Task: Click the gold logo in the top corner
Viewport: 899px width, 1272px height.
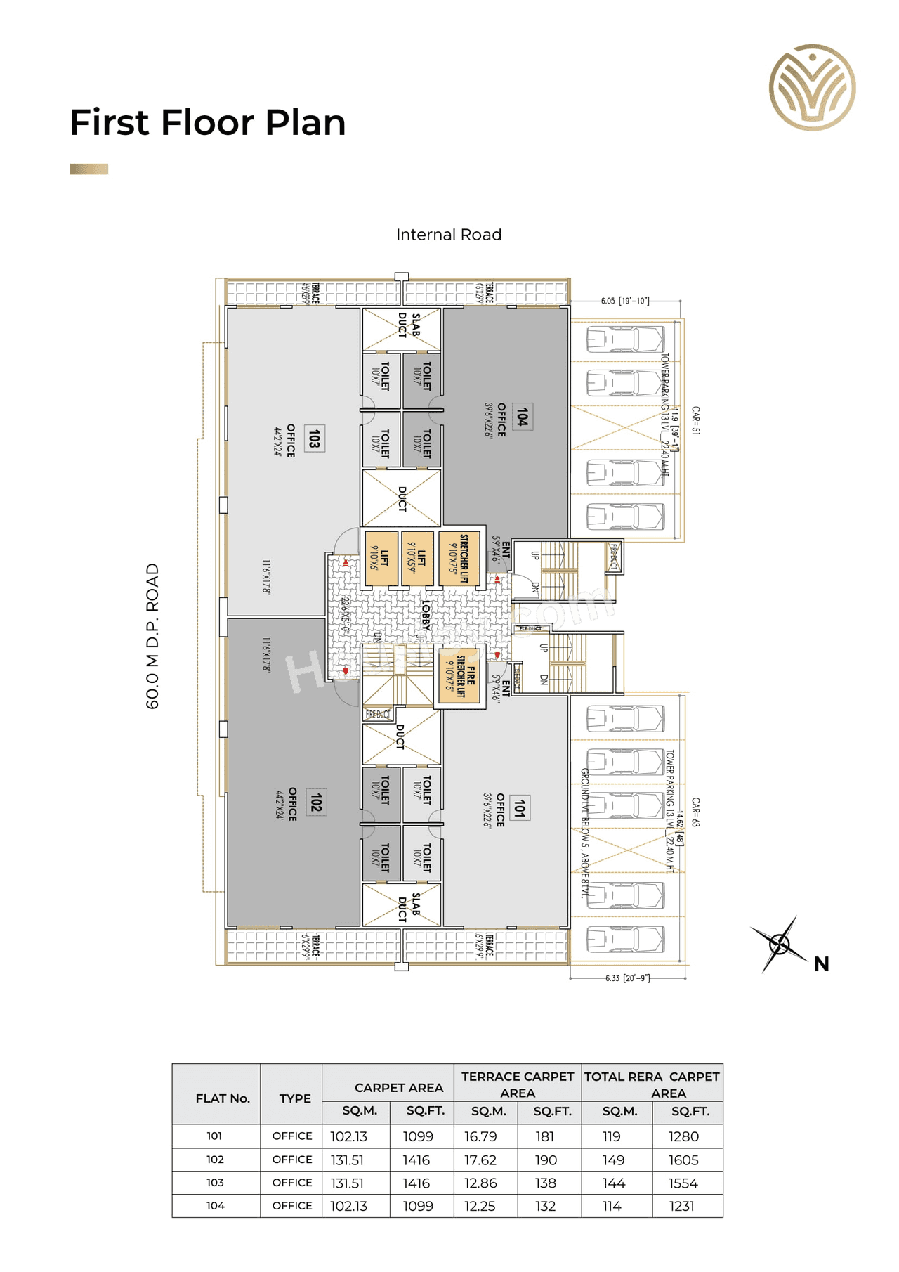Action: pyautogui.click(x=813, y=87)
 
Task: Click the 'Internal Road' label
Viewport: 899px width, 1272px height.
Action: pyautogui.click(x=449, y=235)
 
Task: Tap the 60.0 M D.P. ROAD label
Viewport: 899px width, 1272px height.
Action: pyautogui.click(x=152, y=636)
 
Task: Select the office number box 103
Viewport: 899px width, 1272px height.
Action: pyautogui.click(x=315, y=439)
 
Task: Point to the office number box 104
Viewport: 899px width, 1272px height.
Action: pyautogui.click(x=522, y=417)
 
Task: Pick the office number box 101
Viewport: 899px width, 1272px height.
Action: pyautogui.click(x=520, y=808)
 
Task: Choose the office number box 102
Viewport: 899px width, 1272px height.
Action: pyautogui.click(x=316, y=802)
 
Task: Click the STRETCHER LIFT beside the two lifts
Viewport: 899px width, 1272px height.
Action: pyautogui.click(x=459, y=559)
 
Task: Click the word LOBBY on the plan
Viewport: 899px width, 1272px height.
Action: pyautogui.click(x=426, y=615)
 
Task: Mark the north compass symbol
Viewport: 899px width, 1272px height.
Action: pyautogui.click(x=780, y=944)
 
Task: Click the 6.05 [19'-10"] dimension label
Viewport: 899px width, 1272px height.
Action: pyautogui.click(x=624, y=301)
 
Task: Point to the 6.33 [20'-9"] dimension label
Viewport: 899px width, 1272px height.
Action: pyautogui.click(x=627, y=978)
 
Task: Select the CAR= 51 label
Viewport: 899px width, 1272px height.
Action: pyautogui.click(x=695, y=420)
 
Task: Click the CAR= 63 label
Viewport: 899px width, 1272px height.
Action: pyautogui.click(x=695, y=812)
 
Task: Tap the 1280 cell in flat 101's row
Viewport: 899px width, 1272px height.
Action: pyautogui.click(x=683, y=1136)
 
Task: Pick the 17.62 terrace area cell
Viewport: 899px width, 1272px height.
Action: pyautogui.click(x=480, y=1160)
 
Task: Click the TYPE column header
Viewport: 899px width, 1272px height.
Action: pyautogui.click(x=295, y=1098)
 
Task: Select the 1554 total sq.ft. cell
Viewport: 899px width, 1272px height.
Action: pyautogui.click(x=683, y=1183)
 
